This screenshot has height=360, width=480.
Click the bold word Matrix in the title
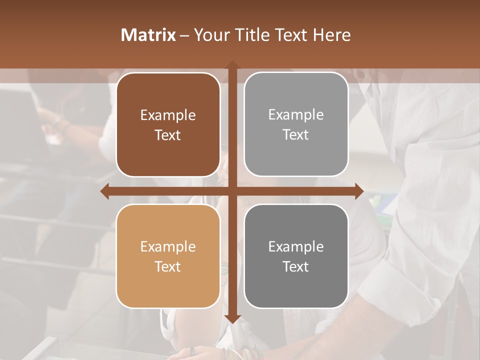pos(148,35)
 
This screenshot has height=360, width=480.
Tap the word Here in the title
pos(332,35)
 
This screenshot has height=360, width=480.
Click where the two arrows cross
pos(232,191)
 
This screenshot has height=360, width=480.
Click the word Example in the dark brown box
pos(168,116)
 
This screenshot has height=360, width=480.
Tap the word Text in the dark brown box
pos(168,135)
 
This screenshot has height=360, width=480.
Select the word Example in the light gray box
pos(296,115)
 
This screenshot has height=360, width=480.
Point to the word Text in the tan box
pos(168,266)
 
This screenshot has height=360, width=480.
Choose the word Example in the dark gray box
pos(296,247)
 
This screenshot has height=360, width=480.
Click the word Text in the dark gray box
pos(296,266)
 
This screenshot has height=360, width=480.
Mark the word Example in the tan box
pos(168,247)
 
